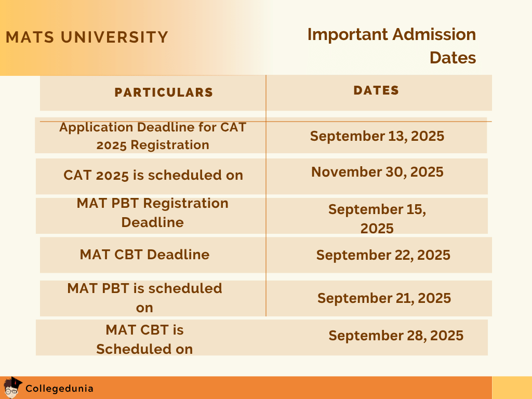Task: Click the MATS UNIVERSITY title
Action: [87, 37]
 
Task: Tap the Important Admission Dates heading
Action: [392, 46]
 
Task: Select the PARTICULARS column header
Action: [164, 92]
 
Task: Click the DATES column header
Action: [376, 90]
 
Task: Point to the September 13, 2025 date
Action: [377, 136]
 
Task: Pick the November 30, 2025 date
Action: [377, 172]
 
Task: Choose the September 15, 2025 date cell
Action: [377, 219]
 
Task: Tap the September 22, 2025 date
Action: [383, 255]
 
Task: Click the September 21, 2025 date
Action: [384, 298]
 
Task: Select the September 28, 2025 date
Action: [396, 336]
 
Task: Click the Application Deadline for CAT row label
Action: [153, 136]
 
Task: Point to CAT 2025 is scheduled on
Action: [153, 175]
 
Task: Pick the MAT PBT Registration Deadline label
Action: [153, 212]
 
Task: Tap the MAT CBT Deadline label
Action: [144, 255]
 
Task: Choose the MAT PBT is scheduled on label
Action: [144, 298]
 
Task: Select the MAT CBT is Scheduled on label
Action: [144, 339]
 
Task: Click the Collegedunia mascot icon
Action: [12, 388]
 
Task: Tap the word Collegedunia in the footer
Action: [59, 388]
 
